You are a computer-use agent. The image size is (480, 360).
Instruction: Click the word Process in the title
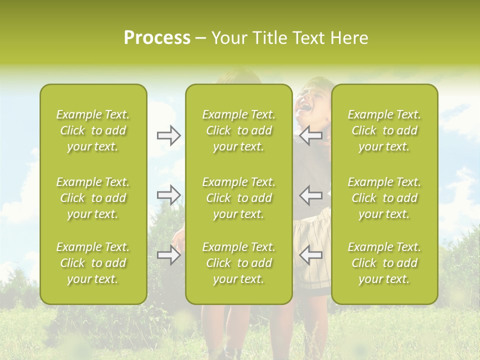click(x=157, y=38)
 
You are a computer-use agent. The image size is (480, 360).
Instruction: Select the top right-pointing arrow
click(x=168, y=135)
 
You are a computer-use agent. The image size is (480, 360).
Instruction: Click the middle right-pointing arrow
click(x=168, y=195)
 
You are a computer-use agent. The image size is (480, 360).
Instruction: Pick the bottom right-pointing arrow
click(x=168, y=255)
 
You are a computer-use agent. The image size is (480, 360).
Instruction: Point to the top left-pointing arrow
click(x=310, y=135)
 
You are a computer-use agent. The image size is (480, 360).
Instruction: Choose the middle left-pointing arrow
click(x=310, y=195)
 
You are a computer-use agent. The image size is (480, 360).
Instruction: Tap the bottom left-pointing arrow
click(x=310, y=255)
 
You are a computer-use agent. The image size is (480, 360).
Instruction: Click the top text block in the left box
click(x=93, y=130)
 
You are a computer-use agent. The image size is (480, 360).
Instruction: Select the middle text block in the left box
click(x=93, y=198)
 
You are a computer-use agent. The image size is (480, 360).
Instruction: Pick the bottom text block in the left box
click(x=93, y=263)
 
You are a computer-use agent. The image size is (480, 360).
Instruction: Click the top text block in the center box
click(x=239, y=130)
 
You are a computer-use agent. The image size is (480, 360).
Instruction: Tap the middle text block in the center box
click(x=239, y=198)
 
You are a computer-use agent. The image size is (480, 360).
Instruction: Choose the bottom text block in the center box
click(x=239, y=263)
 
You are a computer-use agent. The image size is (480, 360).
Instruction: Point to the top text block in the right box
click(x=384, y=130)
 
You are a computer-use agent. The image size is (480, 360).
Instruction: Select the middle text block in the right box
click(x=384, y=198)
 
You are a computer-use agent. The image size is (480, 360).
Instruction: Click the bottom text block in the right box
click(x=384, y=263)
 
